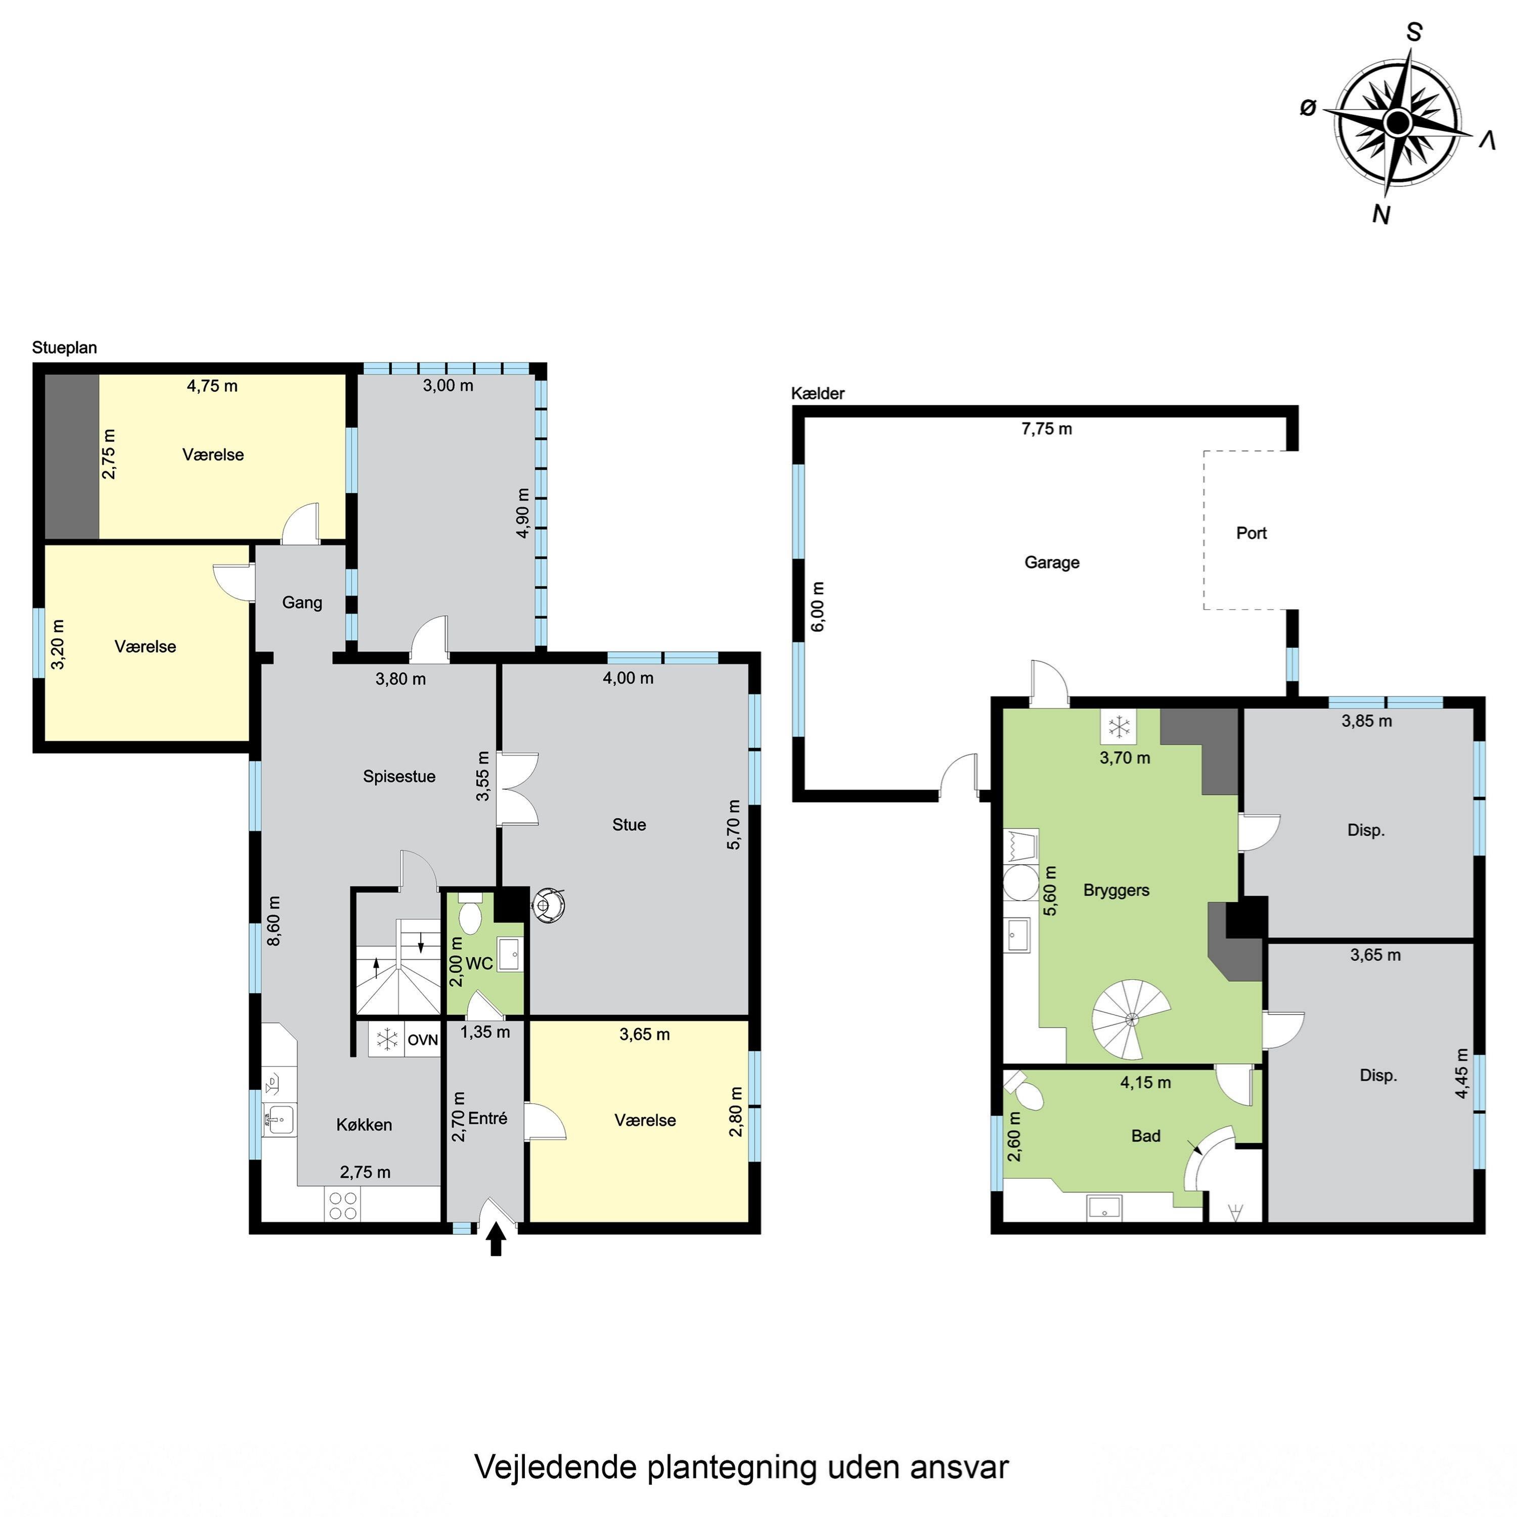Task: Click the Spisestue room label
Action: click(399, 777)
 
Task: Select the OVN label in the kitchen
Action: click(422, 1040)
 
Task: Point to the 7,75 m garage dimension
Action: click(1047, 429)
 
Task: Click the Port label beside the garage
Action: click(1252, 533)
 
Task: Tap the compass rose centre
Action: click(1398, 122)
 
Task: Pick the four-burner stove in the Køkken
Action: click(343, 1206)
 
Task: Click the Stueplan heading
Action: click(64, 348)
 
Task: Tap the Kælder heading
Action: click(817, 393)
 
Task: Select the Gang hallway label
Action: click(302, 602)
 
